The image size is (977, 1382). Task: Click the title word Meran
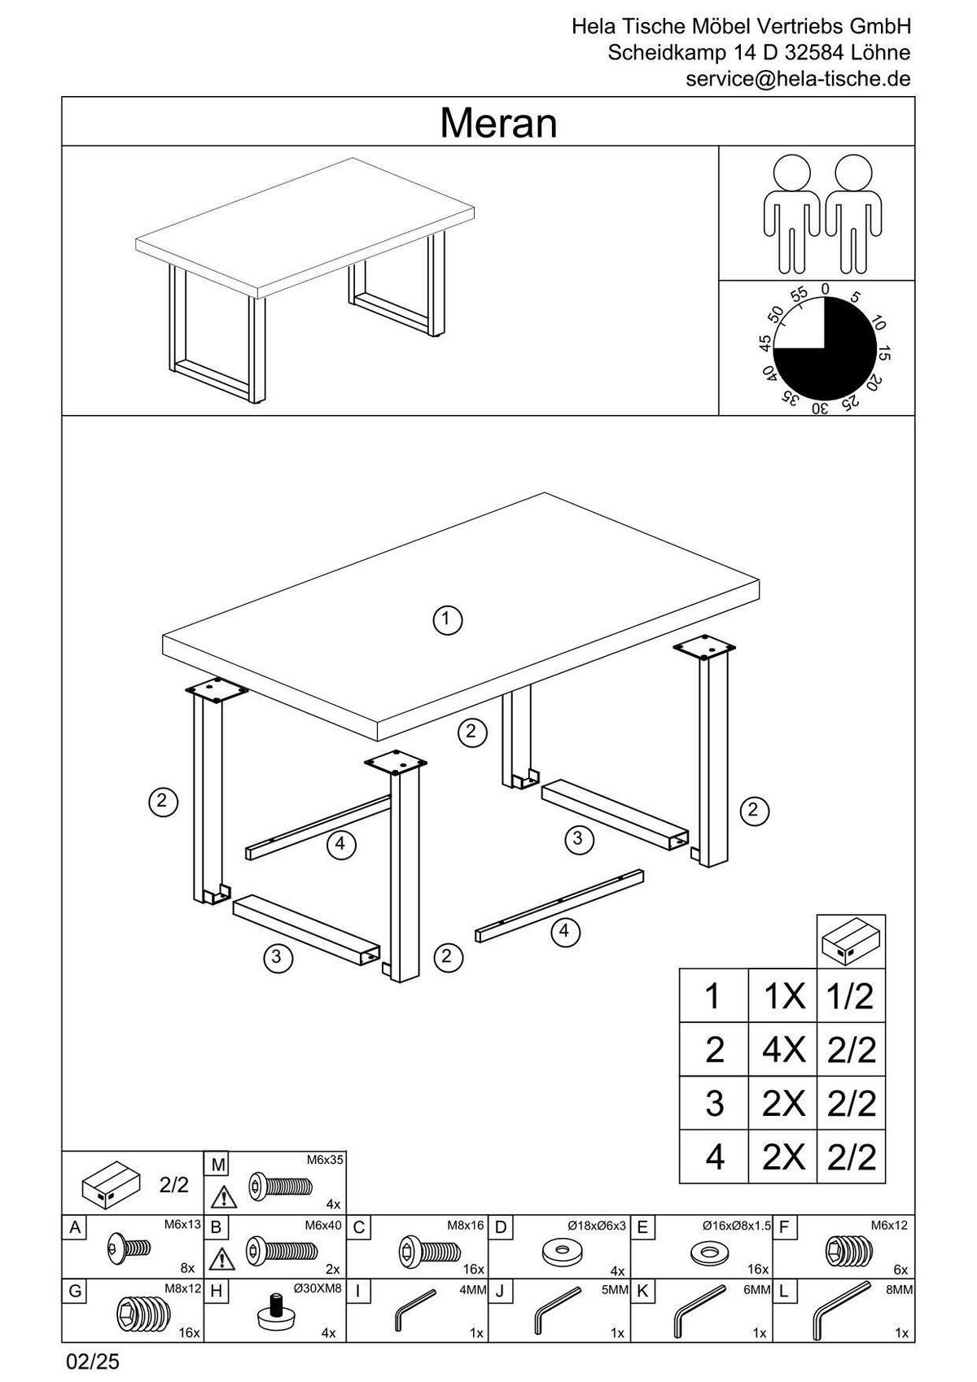pos(498,124)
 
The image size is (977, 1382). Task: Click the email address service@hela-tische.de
pos(797,79)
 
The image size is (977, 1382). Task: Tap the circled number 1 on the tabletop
pos(447,619)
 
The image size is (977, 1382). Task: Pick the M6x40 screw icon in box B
pos(282,1250)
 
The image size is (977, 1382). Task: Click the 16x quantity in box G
pos(190,1333)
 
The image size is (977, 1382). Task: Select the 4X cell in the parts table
pos(782,1050)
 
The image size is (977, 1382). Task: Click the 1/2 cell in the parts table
pos(851,996)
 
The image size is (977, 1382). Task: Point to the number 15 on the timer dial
pos(884,354)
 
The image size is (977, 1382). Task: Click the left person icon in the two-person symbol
pos(791,213)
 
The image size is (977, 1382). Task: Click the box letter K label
pos(642,1290)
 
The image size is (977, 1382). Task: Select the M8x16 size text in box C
pos(466,1224)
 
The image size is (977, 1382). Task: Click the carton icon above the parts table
pos(851,942)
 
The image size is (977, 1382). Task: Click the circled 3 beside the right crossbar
pos(578,838)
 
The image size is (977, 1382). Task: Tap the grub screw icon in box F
pos(848,1249)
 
